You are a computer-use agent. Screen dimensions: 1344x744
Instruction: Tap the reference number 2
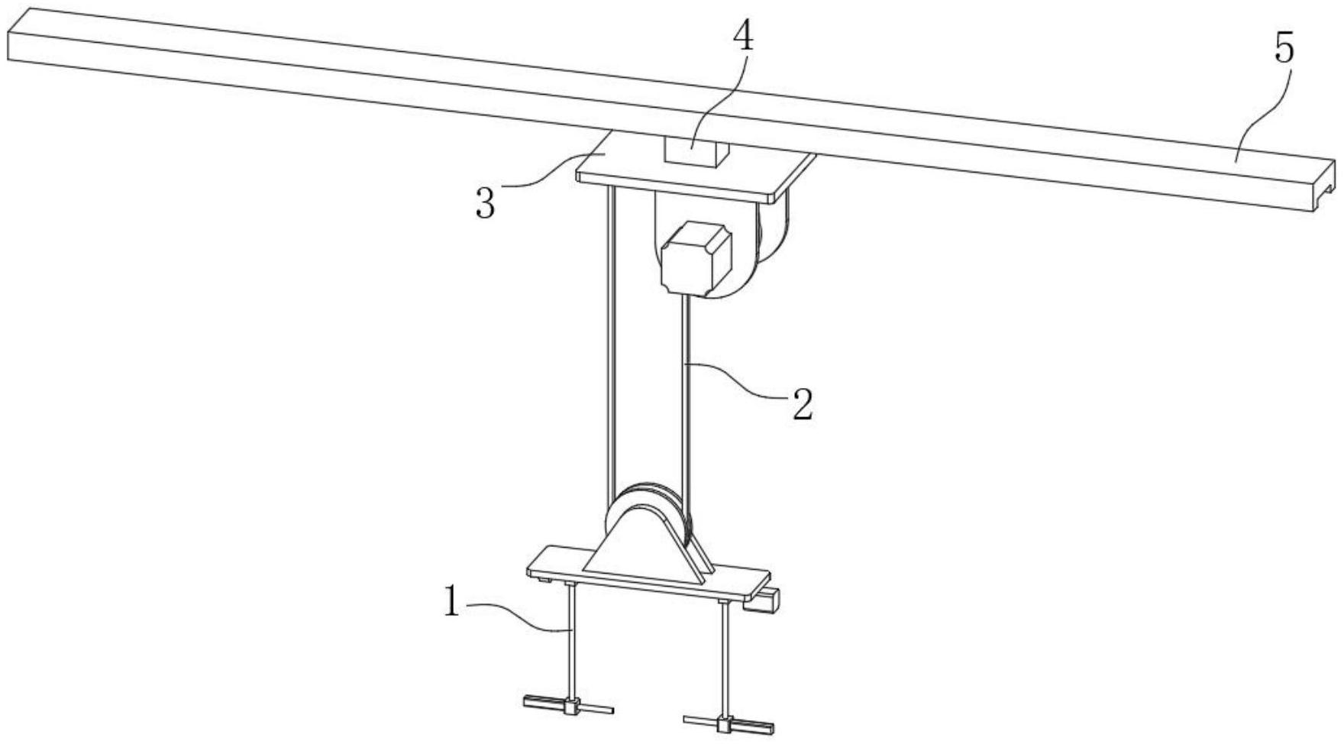coord(802,405)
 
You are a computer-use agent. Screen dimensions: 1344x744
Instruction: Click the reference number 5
coord(1284,49)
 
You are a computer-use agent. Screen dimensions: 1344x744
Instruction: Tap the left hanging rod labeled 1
coord(570,642)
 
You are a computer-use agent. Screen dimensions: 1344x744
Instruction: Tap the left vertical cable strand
coord(610,344)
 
